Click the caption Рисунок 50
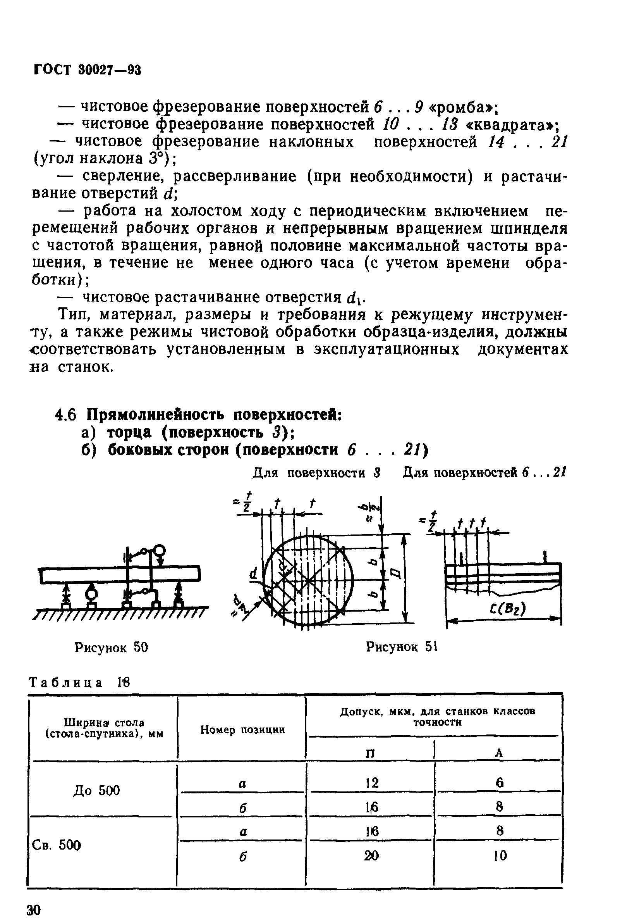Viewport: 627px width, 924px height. (x=111, y=648)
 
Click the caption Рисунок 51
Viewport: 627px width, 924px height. (x=401, y=647)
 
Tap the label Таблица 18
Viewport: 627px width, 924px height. (x=79, y=682)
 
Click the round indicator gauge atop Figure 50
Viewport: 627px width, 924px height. (x=160, y=550)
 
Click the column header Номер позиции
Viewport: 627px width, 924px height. (x=242, y=729)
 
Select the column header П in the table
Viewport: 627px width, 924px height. (x=370, y=753)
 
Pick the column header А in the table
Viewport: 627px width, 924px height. (x=500, y=753)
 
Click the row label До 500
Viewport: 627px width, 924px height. (x=96, y=790)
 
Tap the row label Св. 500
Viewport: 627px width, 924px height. (x=56, y=845)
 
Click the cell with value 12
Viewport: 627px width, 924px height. (x=372, y=783)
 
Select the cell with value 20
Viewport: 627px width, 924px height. (x=372, y=856)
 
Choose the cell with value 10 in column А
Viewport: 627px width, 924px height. (x=500, y=856)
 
